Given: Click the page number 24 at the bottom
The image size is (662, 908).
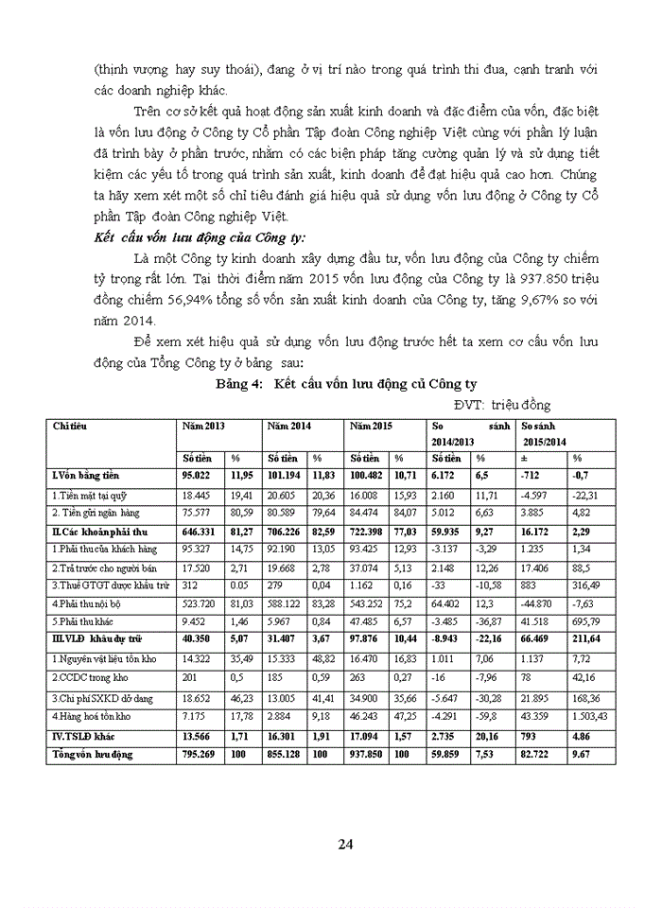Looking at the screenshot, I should pos(345,845).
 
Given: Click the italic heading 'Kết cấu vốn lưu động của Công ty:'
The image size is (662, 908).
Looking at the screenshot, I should pos(200,236).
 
